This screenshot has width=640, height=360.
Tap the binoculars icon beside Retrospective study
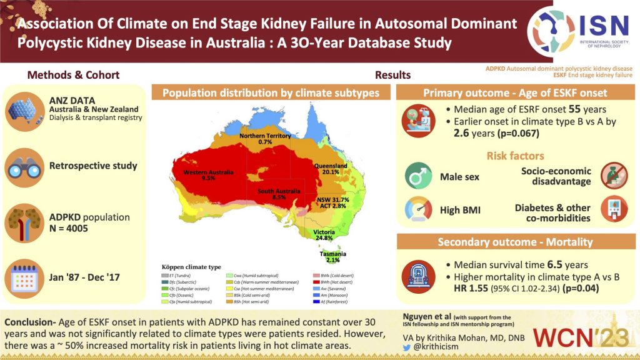(x=23, y=167)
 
